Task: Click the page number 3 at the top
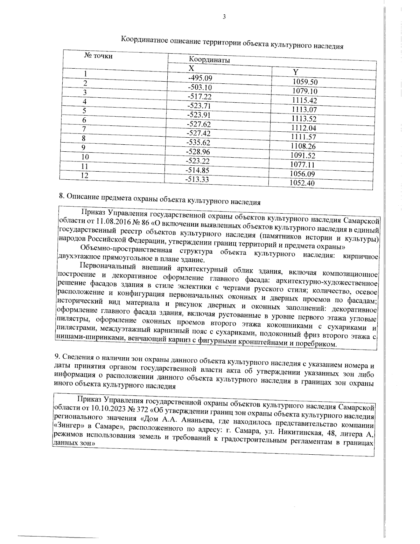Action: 224,16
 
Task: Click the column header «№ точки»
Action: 99,56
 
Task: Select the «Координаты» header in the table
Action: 209,60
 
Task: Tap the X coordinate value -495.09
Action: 200,78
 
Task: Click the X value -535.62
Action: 199,142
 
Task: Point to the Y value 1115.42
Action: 304,101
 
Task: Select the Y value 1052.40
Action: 303,183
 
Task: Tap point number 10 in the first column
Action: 85,157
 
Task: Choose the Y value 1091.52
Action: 303,156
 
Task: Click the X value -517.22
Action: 199,96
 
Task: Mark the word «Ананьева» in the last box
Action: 194,420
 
